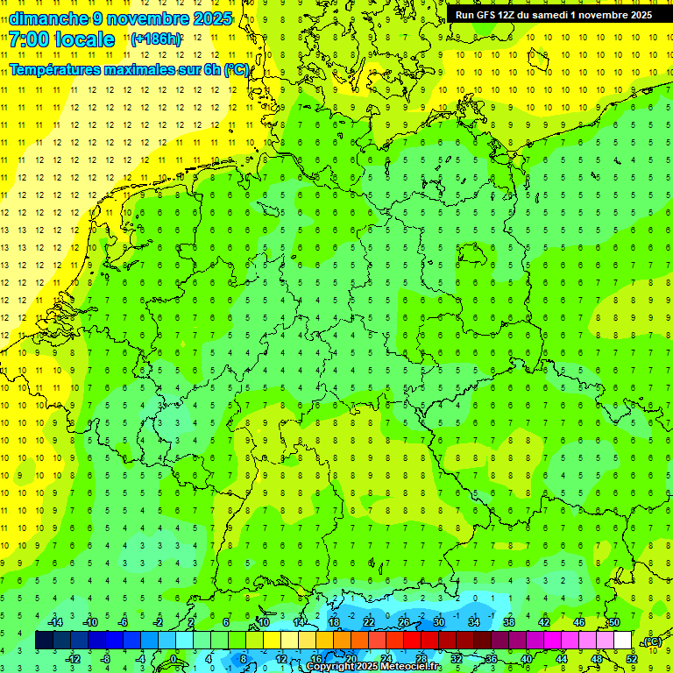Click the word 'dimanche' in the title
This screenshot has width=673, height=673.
pyautogui.click(x=49, y=18)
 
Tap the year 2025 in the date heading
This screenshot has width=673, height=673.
pyautogui.click(x=210, y=18)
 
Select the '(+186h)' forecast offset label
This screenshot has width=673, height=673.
pyautogui.click(x=156, y=39)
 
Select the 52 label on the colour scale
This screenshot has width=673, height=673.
pyautogui.click(x=631, y=658)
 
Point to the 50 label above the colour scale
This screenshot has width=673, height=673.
pyautogui.click(x=614, y=622)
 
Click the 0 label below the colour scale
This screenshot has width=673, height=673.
pyautogui.click(x=174, y=658)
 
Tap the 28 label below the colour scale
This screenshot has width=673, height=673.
pyautogui.click(x=421, y=658)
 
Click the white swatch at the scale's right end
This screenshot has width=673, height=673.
pyautogui.click(x=623, y=641)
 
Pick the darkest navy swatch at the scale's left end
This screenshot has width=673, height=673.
pyautogui.click(x=44, y=641)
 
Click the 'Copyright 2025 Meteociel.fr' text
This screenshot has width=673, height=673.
pyautogui.click(x=374, y=667)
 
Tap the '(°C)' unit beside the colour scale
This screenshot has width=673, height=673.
pyautogui.click(x=652, y=641)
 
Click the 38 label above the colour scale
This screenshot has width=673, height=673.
pyautogui.click(x=509, y=622)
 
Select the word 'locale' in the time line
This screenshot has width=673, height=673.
pyautogui.click(x=85, y=39)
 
